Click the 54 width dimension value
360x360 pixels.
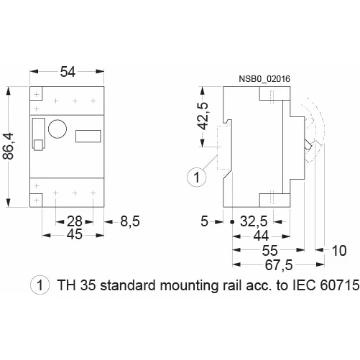coord(68,72)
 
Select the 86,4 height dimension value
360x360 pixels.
coord(9,147)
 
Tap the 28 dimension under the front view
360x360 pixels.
coord(75,221)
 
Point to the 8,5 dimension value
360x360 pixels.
coord(129,221)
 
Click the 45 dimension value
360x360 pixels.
coord(75,234)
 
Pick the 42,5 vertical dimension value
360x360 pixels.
coord(204,116)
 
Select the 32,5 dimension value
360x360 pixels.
coord(254,221)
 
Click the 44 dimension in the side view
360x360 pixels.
coord(261,236)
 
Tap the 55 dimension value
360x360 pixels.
coord(269,251)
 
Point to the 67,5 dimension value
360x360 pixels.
coord(279,265)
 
